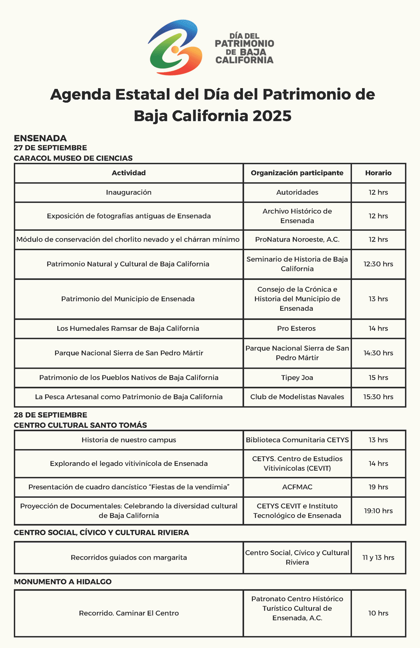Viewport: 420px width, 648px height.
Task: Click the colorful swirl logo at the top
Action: pos(175,47)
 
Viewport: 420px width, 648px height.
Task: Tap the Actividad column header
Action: pos(129,173)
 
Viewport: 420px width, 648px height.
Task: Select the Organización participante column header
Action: pos(297,173)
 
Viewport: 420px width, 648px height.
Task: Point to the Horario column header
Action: pos(378,173)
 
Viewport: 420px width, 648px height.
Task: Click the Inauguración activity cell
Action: pos(129,193)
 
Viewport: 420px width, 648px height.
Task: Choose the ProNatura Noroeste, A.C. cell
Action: pos(297,239)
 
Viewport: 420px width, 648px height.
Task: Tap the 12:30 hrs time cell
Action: pos(378,264)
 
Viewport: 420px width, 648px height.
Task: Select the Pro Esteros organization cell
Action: pos(297,328)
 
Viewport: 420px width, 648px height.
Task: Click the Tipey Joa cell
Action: pos(297,377)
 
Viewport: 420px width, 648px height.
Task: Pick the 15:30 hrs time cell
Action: pos(378,397)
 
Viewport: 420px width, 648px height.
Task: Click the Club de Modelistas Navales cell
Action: pos(297,397)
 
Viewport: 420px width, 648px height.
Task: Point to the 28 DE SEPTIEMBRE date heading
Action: pos(50,415)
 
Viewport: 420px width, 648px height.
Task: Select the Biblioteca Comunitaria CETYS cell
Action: pos(297,440)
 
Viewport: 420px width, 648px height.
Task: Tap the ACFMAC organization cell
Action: pos(297,487)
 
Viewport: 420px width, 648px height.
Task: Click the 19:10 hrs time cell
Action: pos(378,511)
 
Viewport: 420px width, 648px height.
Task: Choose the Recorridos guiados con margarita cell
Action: pos(129,557)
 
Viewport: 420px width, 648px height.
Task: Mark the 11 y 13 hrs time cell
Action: pos(378,557)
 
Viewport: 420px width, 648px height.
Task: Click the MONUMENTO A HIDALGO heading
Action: pos(63,582)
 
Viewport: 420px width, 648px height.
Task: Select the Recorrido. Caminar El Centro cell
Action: pos(129,613)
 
